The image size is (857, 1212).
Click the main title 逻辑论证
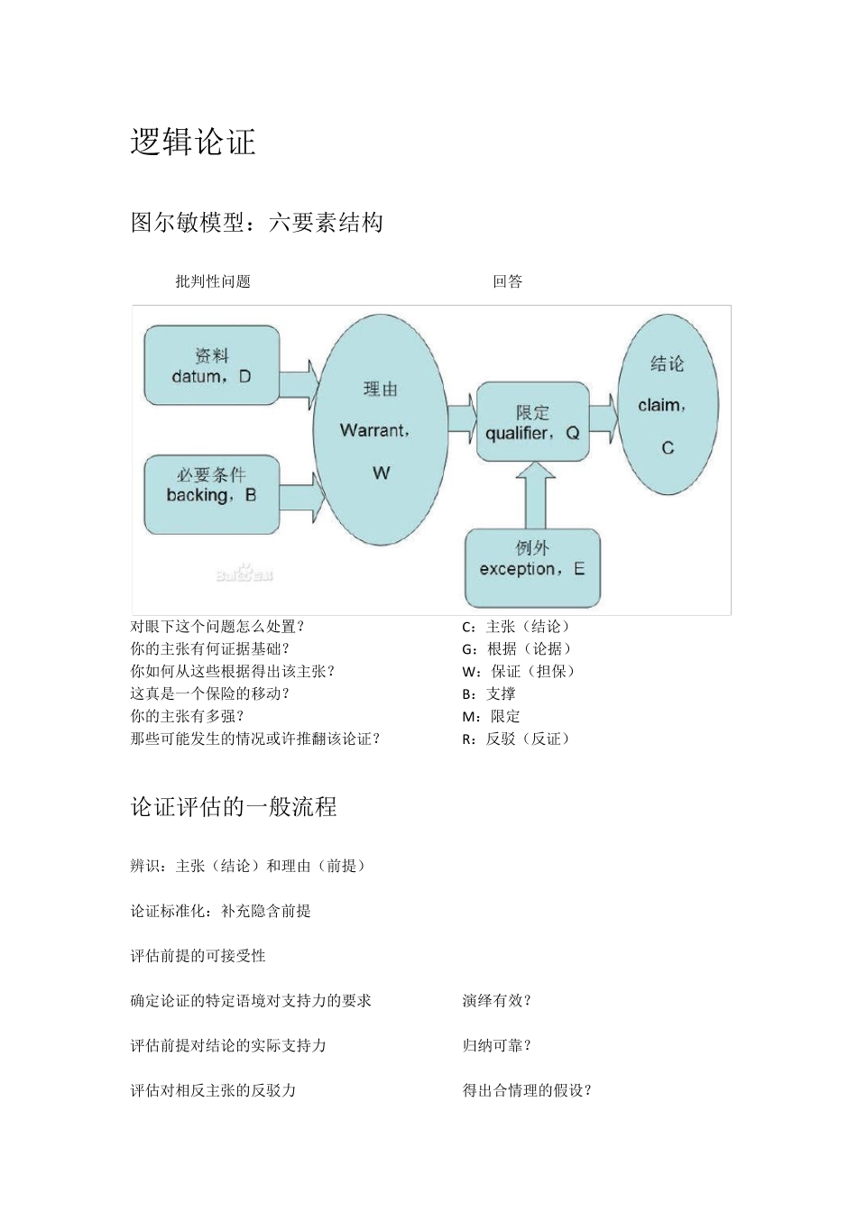193,142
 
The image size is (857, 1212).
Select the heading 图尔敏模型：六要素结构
257,222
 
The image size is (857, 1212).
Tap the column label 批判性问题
213,281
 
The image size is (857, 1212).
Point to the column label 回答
508,281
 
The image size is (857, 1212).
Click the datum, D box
212,366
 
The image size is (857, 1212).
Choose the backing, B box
212,494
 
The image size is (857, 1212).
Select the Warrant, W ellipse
380,430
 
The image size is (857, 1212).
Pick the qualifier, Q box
532,422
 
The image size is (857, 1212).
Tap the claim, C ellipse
668,405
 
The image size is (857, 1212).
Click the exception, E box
532,568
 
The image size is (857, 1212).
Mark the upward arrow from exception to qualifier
535,495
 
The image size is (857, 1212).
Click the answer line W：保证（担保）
519,671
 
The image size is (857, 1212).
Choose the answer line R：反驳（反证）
517,739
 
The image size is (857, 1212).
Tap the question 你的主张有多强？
188,716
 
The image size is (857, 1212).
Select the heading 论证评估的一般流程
234,806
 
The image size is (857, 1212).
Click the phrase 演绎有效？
497,1000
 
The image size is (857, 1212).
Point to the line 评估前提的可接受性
198,955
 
